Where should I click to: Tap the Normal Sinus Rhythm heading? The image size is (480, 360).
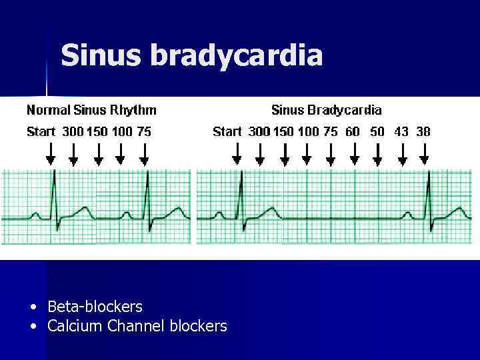(x=91, y=110)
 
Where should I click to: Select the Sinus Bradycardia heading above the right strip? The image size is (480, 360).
(x=326, y=110)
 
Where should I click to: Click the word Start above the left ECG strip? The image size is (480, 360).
(x=41, y=131)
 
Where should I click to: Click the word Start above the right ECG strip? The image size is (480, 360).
(x=227, y=131)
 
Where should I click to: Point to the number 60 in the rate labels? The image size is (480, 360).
(x=352, y=131)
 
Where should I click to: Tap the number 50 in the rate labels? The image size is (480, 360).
(x=377, y=131)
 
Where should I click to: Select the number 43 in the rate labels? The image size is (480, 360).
(x=401, y=131)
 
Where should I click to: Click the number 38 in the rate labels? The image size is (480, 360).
(x=423, y=131)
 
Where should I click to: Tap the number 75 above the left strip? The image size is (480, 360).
(x=144, y=131)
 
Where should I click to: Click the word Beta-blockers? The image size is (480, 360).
(x=95, y=307)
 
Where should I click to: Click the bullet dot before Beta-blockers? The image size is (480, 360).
(x=33, y=307)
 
